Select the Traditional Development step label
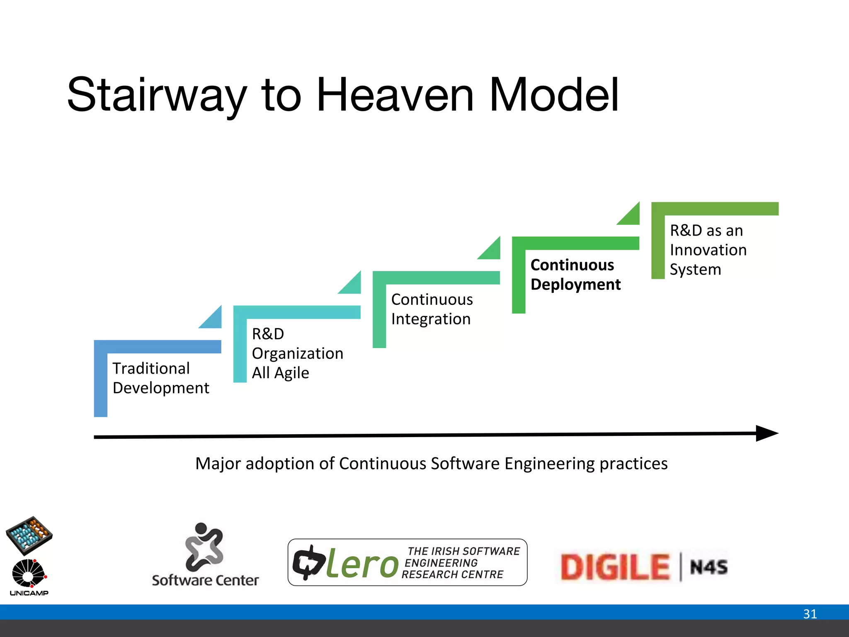tap(161, 378)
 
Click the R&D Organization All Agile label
tap(297, 353)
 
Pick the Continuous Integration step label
tap(432, 309)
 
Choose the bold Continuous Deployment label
tap(575, 275)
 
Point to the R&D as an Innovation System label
tap(708, 250)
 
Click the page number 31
tap(810, 614)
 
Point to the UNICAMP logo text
tap(29, 593)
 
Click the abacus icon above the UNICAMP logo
tap(29, 535)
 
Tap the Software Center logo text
tap(205, 580)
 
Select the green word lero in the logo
tap(362, 564)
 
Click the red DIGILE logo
tap(615, 567)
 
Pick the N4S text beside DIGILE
tap(708, 567)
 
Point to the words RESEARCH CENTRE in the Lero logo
tap(452, 575)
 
